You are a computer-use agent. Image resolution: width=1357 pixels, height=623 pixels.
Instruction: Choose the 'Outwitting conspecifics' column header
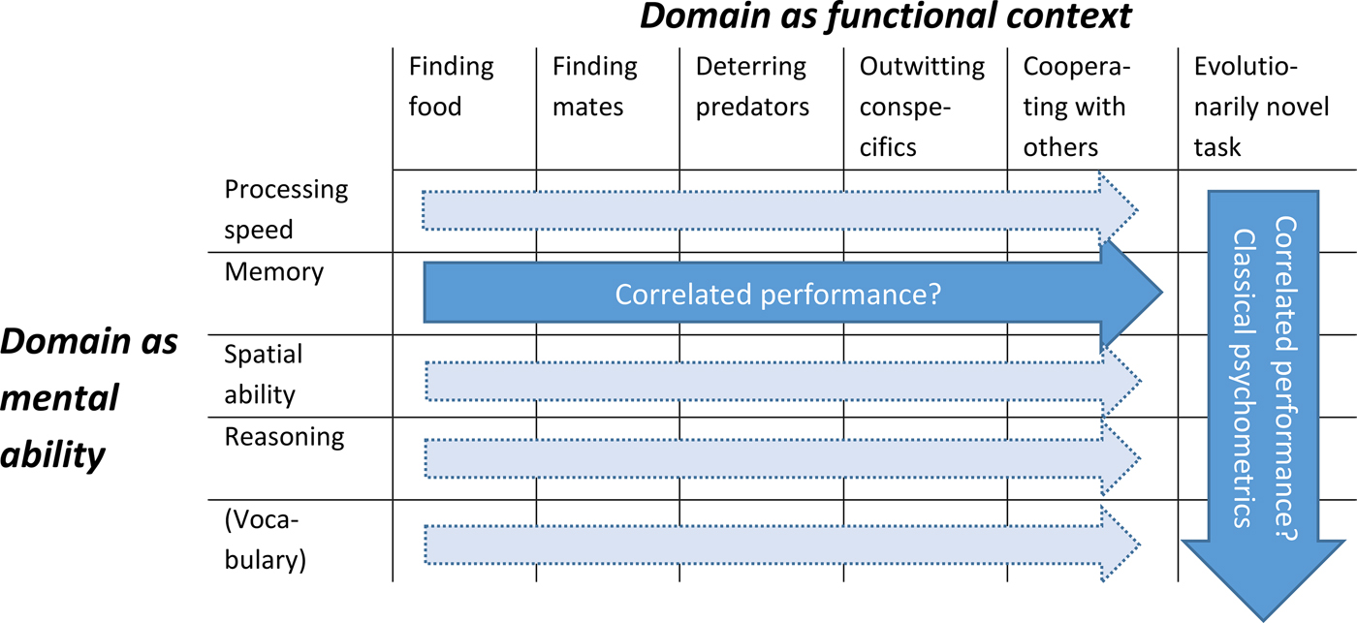click(921, 106)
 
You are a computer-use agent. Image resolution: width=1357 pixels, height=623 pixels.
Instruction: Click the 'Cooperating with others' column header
click(1074, 106)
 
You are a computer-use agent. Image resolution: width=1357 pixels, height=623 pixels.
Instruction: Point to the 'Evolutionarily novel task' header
click(1261, 106)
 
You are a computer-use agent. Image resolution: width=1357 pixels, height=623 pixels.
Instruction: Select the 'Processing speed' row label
click(285, 210)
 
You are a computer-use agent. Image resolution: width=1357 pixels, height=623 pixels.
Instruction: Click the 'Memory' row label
click(273, 272)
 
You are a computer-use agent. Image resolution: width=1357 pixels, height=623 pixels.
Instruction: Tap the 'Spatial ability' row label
click(264, 375)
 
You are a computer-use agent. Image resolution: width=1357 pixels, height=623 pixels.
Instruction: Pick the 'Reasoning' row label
click(284, 437)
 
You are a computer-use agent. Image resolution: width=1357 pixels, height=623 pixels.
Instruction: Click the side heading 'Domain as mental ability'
click(89, 398)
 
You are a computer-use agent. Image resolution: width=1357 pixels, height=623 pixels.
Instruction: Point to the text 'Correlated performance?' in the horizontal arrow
click(778, 294)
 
